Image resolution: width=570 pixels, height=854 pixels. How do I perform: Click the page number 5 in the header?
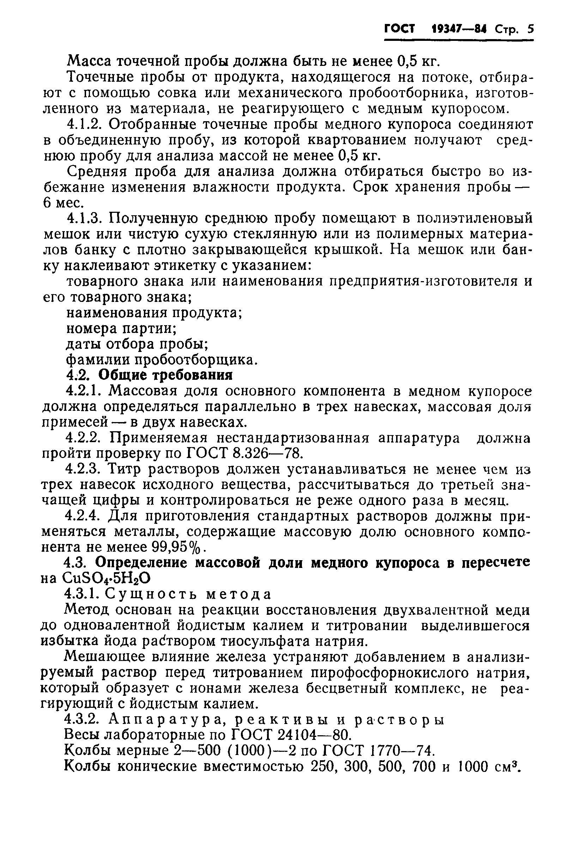pos(530,29)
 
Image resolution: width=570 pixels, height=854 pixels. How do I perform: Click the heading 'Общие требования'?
pos(165,375)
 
